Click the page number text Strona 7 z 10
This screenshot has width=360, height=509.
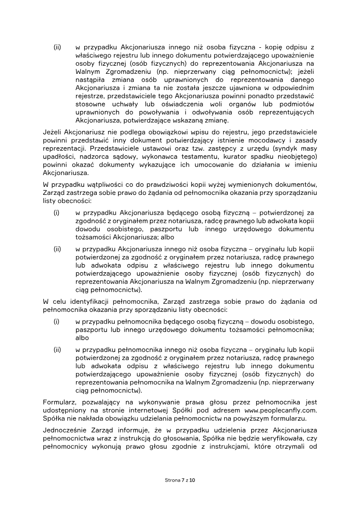point(180,480)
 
